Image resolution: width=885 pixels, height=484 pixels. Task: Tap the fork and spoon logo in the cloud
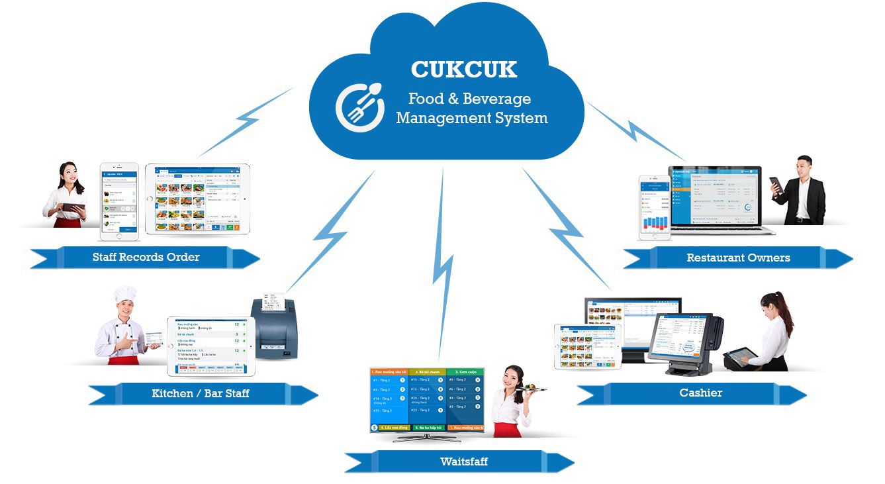pyautogui.click(x=359, y=107)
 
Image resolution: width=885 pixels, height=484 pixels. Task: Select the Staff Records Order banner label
pyautogui.click(x=146, y=257)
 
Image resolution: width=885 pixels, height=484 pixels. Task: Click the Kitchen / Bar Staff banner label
pyautogui.click(x=201, y=393)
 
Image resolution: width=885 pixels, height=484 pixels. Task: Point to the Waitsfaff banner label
pyautogui.click(x=463, y=461)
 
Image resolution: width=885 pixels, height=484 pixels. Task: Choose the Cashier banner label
pyautogui.click(x=700, y=393)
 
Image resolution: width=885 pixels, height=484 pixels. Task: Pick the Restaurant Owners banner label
pyautogui.click(x=738, y=258)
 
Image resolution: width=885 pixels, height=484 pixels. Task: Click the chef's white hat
pyautogui.click(x=124, y=294)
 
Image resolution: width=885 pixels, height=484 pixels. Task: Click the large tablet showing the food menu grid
pyautogui.click(x=197, y=199)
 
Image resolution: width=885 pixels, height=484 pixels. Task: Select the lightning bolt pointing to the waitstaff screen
pyautogui.click(x=443, y=265)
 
